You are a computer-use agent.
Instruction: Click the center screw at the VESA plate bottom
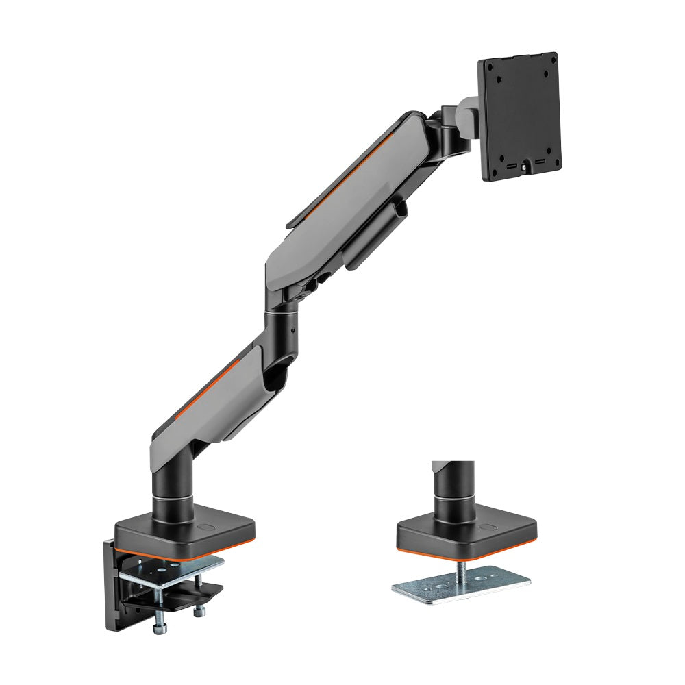coord(525,165)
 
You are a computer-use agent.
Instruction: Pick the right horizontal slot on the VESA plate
coord(540,163)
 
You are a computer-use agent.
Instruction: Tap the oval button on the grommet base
coord(487,528)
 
